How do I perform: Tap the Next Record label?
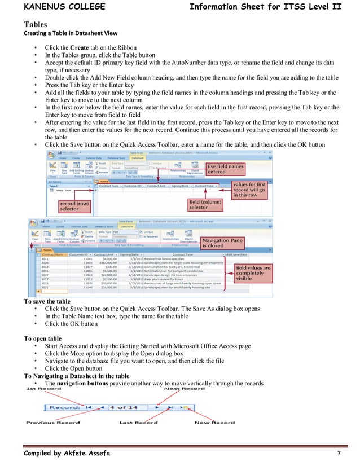click(x=185, y=389)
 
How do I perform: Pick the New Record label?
click(x=215, y=423)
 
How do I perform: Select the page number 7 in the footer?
click(x=338, y=454)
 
